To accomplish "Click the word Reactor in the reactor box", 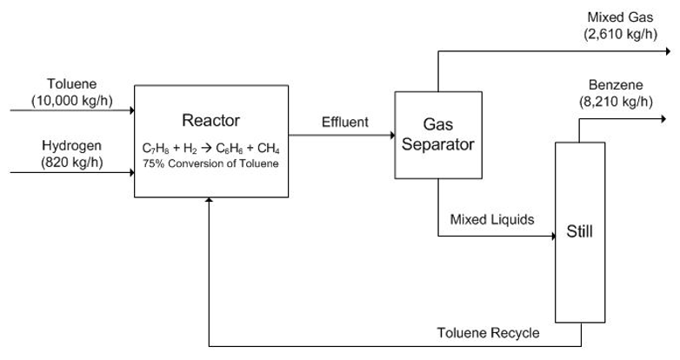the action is (x=210, y=121).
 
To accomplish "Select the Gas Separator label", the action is (x=438, y=135).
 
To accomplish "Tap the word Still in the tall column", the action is (x=579, y=231).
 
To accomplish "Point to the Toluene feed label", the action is (x=72, y=83).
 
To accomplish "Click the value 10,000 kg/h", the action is (x=72, y=101).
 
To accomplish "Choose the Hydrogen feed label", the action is (x=71, y=146).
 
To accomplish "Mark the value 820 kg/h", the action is (x=72, y=163).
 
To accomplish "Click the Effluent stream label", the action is (x=345, y=122).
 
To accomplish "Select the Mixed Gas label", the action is (x=620, y=17).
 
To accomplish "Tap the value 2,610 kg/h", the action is (x=621, y=34).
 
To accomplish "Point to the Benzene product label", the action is (x=616, y=84).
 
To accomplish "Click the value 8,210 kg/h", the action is (x=616, y=102).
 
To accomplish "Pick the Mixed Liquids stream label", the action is (x=492, y=219).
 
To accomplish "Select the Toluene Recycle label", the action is (x=489, y=333).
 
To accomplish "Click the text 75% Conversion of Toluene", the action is (x=210, y=163).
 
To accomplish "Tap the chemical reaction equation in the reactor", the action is (x=210, y=149).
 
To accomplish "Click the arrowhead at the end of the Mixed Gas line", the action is (x=668, y=51).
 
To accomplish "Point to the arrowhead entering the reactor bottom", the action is (x=209, y=200).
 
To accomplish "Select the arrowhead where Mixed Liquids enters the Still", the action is (x=553, y=236).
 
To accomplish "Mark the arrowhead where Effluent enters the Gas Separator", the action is (x=392, y=135).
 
